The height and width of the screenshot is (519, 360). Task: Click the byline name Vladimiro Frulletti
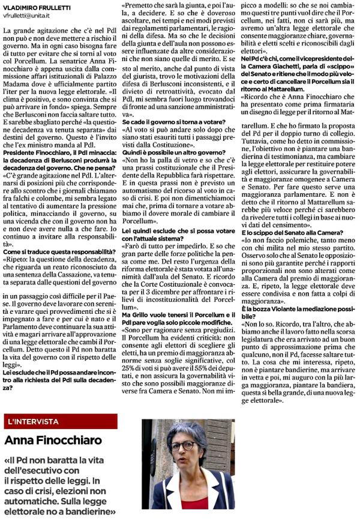37,7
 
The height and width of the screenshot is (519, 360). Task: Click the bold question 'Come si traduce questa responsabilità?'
60,251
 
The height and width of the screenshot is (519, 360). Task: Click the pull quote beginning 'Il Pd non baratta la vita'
60,486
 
